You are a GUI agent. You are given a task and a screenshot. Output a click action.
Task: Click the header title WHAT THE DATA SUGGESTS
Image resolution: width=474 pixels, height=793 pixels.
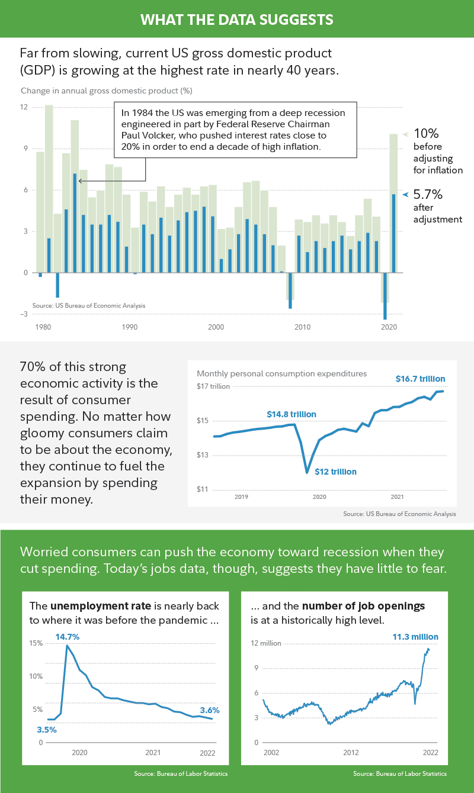(x=237, y=20)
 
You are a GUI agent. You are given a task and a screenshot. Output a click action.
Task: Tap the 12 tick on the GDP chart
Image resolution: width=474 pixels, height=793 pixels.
(x=24, y=107)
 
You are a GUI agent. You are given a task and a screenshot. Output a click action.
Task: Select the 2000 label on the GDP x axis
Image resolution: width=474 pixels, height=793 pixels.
(x=216, y=327)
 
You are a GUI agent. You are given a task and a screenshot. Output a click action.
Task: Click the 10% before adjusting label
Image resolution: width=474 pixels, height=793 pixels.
(x=425, y=134)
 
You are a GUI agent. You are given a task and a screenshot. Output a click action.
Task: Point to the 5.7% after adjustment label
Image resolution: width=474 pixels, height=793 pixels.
(x=428, y=194)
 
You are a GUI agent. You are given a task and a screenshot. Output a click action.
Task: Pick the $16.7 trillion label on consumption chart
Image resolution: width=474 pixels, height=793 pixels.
(x=420, y=379)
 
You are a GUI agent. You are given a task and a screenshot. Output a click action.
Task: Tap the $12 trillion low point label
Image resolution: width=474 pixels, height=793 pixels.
(x=335, y=472)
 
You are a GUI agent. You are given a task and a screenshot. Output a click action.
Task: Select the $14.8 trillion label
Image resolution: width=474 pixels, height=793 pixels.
(x=291, y=414)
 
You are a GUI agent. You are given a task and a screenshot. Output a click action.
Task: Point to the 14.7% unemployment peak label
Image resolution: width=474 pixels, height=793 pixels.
(x=68, y=637)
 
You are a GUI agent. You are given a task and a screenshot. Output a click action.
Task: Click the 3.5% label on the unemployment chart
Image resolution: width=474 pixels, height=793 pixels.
(x=47, y=730)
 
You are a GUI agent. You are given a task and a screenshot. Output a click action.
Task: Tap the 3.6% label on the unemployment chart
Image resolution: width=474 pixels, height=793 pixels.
(x=210, y=710)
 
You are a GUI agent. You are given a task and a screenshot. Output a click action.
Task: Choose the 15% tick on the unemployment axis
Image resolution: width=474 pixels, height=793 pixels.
(x=37, y=643)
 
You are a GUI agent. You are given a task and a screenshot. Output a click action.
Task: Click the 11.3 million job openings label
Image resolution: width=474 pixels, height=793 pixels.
(x=415, y=637)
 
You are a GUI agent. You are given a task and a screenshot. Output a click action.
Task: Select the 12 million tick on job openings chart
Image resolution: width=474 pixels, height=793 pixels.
(x=267, y=643)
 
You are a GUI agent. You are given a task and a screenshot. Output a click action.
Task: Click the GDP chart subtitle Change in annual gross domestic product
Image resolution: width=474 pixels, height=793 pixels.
(x=107, y=91)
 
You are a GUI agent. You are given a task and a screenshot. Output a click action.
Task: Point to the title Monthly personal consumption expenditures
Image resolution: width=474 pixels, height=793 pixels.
(x=281, y=374)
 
